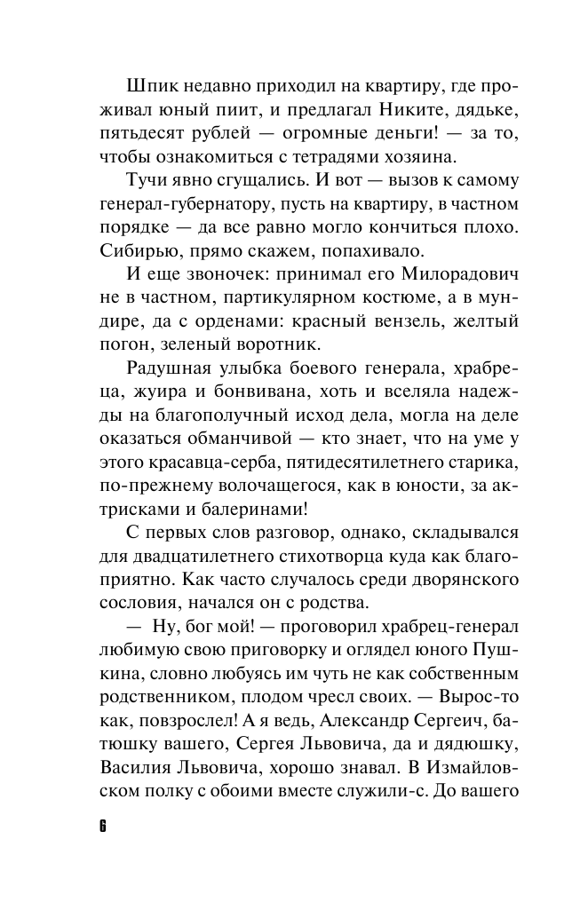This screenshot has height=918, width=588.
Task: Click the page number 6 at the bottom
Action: tap(102, 826)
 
